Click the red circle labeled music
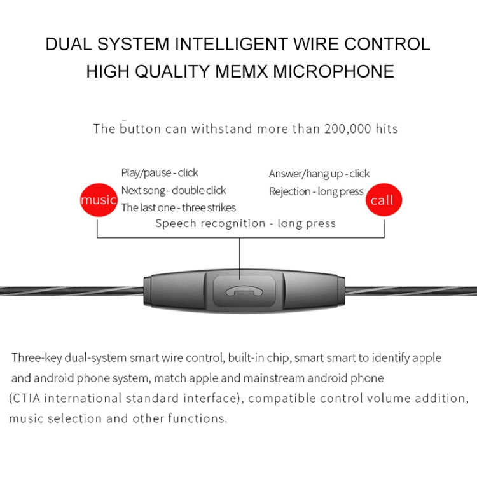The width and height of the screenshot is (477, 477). click(99, 200)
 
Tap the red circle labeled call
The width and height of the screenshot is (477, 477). click(384, 200)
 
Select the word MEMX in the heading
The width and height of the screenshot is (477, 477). click(242, 71)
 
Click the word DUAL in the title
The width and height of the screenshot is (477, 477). click(69, 44)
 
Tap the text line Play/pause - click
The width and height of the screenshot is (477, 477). click(160, 173)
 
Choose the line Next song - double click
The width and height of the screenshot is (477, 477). click(174, 190)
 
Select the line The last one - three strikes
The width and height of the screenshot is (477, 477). click(178, 207)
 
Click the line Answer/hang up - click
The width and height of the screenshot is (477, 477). click(319, 174)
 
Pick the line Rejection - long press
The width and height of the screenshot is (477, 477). click(316, 191)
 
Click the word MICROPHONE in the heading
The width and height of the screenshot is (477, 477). click(333, 71)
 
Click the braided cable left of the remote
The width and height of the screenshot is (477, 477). click(72, 291)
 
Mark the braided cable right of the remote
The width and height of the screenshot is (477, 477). click(411, 291)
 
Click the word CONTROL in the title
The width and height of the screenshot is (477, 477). click(387, 44)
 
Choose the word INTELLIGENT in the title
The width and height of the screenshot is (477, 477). click(232, 44)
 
